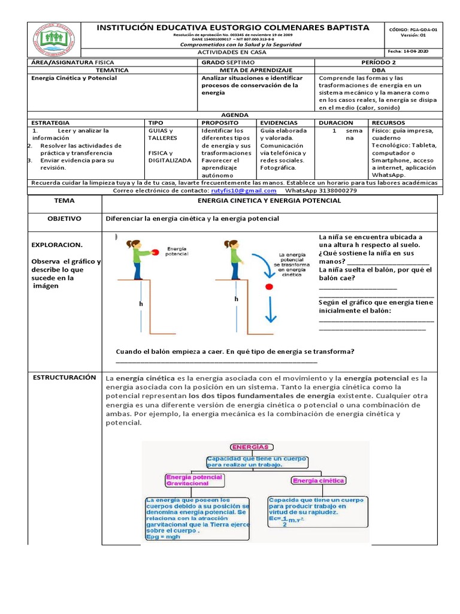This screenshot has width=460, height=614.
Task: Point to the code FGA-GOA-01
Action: click(x=413, y=29)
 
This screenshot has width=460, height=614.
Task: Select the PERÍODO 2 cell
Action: click(x=379, y=62)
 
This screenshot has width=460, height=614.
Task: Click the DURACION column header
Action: click(x=336, y=122)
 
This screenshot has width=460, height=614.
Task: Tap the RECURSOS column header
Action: click(x=389, y=122)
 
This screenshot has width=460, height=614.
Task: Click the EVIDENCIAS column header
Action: click(x=279, y=122)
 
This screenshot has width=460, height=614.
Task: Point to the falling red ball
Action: click(x=269, y=287)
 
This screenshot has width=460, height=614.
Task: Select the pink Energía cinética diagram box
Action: click(x=318, y=480)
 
